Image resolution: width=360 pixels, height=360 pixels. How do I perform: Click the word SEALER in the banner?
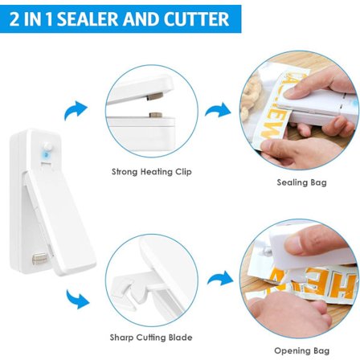tap(88, 18)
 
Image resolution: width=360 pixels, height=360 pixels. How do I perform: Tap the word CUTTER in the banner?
tap(197, 18)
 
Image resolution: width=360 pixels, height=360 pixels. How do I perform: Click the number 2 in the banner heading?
tap(14, 19)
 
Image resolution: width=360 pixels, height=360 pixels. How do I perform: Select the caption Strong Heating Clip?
tap(152, 171)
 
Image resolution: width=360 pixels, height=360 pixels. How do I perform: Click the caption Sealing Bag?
tap(301, 182)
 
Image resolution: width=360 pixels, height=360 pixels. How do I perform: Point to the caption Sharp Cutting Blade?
tap(151, 337)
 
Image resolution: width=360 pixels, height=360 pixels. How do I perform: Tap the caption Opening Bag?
tap(301, 350)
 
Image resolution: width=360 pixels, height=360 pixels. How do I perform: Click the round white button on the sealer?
tap(48, 146)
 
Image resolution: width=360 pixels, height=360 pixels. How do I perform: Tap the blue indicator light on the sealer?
tap(47, 154)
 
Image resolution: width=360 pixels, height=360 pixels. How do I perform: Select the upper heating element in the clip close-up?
tap(155, 96)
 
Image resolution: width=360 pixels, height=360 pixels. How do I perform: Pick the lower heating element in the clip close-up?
tap(156, 115)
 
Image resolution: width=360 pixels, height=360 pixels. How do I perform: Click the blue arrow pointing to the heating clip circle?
tap(76, 110)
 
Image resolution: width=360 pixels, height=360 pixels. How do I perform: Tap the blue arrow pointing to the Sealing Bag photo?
tap(218, 110)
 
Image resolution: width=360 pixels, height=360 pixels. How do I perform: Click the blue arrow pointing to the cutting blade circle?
tap(77, 299)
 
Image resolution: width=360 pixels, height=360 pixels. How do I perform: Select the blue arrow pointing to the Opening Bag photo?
tap(220, 279)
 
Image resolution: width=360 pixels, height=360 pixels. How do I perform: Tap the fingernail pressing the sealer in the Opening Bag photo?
tap(292, 243)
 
